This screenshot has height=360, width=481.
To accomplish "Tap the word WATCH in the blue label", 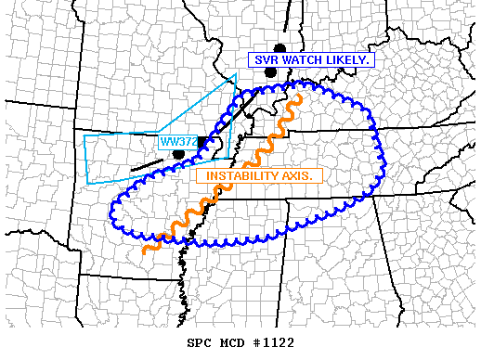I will pos(305,60).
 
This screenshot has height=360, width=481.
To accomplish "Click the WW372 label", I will pos(177,142).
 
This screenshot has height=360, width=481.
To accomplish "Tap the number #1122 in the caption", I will pos(274,342).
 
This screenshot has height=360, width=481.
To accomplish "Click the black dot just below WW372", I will pos(179,154).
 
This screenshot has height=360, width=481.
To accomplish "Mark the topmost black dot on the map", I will pos(279,48).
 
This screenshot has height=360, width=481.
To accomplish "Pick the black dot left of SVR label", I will pos(269,71).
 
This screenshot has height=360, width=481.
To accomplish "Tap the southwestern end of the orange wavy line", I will pos(144,250).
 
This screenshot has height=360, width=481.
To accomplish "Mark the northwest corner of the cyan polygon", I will pos(84,135).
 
